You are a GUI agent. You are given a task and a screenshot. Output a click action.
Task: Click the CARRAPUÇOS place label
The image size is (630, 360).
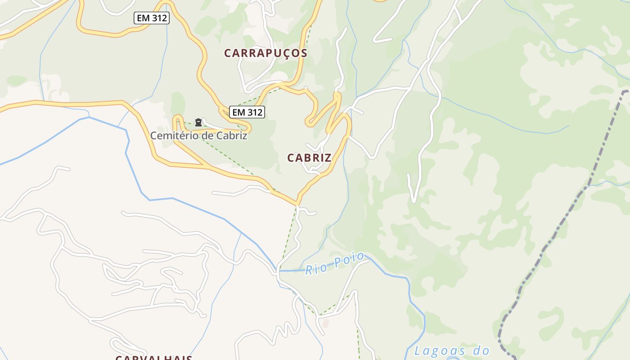[265, 53]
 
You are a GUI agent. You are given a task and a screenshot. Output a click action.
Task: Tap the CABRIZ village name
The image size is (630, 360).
[309, 158]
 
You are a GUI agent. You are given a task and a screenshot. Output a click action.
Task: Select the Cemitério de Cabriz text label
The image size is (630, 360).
[198, 135]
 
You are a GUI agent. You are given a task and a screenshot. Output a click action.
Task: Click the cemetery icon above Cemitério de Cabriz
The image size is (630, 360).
[198, 122]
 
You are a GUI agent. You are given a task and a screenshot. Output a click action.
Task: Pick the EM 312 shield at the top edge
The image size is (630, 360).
[151, 18]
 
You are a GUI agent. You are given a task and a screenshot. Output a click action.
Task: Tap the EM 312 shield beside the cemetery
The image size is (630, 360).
[247, 112]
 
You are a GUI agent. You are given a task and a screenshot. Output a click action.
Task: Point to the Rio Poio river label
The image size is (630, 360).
[334, 264]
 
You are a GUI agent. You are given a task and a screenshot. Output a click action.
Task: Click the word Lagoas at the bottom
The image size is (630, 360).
[439, 350]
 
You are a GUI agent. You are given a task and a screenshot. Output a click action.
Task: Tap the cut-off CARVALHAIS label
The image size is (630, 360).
[154, 358]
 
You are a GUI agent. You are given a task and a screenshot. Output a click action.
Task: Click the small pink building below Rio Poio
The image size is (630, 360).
[326, 324]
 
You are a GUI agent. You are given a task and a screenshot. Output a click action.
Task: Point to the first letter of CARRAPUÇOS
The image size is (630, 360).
[228, 53]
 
